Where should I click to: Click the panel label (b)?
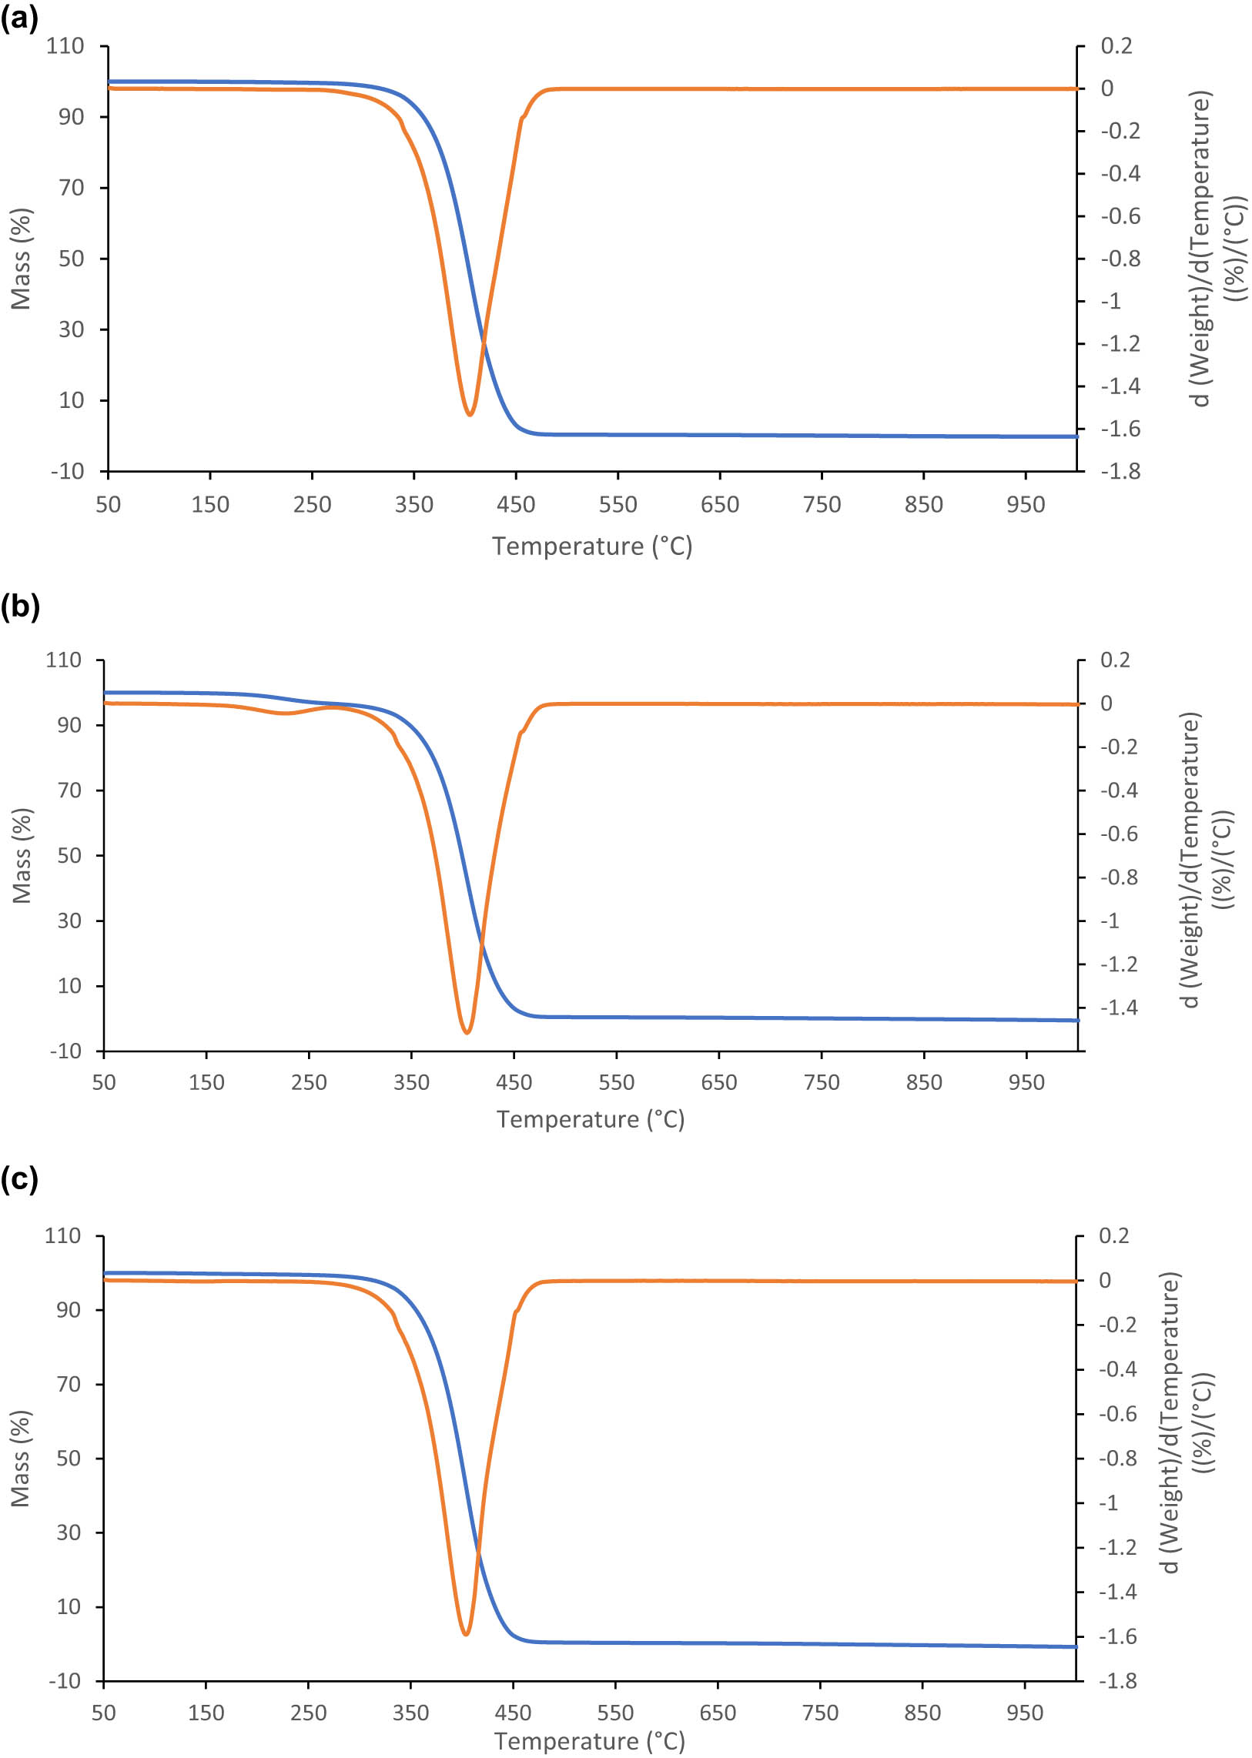point(20,607)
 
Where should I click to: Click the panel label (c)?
point(19,1178)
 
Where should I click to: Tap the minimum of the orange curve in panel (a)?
point(470,415)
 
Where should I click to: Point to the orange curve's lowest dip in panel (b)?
point(467,1032)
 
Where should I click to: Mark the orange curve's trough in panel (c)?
point(466,1633)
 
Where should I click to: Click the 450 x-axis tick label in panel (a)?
point(516,505)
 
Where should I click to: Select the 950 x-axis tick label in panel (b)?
point(1026,1082)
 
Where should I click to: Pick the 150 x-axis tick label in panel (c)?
point(206,1713)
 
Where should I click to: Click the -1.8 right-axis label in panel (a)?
point(1120,471)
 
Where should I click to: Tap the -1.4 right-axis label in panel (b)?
point(1118,1008)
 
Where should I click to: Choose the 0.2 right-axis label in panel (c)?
point(1114,1236)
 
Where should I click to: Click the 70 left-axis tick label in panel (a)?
point(71,187)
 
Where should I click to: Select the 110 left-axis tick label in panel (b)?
point(63,660)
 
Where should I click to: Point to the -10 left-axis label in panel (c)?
point(65,1681)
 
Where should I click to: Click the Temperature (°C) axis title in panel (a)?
point(592,546)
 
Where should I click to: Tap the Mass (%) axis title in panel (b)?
point(22,855)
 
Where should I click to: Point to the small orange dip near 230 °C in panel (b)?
point(285,713)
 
